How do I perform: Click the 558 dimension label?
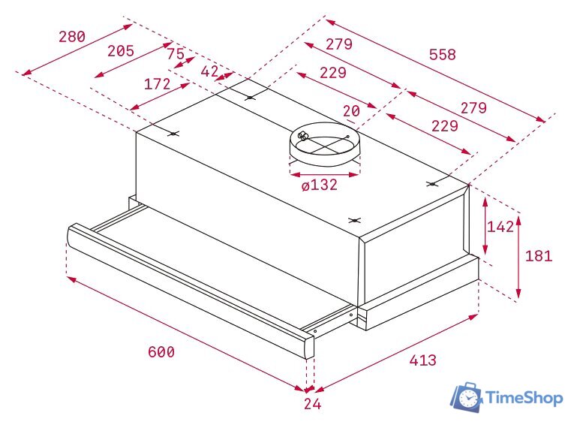coord(441,55)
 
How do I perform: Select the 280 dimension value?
coord(72,36)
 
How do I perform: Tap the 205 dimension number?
coord(120,51)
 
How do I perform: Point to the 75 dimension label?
coord(175,54)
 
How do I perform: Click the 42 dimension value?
coord(209,71)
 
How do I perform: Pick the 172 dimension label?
coord(157,84)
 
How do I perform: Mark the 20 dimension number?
coord(351,111)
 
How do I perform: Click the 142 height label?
coord(500,227)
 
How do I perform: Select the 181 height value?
coord(539,255)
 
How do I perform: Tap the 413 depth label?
coord(422,360)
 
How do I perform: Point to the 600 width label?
coord(161,351)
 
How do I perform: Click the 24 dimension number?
coord(312,405)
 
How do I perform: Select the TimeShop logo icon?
coord(466,396)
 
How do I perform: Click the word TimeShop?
coord(524,397)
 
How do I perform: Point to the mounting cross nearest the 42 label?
coord(250,97)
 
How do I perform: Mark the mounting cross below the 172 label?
coord(173,134)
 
